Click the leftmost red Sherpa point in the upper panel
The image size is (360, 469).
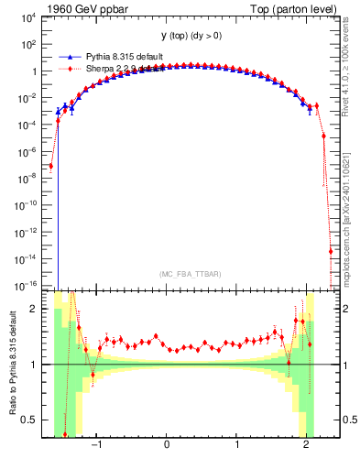(x=51, y=166)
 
